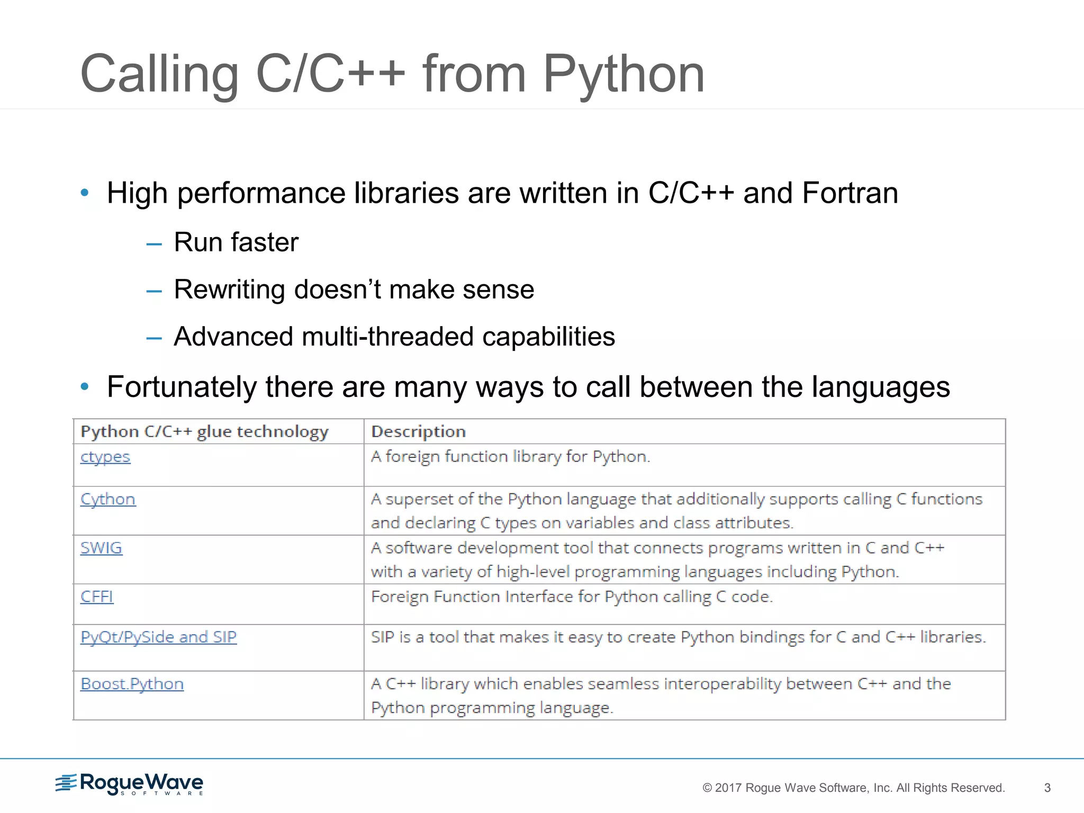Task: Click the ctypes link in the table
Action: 105,457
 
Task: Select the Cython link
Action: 108,499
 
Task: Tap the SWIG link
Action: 101,548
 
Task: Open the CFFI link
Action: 97,597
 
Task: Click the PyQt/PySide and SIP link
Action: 158,637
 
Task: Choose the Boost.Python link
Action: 132,684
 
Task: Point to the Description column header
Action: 418,431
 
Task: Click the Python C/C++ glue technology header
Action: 204,431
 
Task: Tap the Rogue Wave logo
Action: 130,784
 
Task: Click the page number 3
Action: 1047,788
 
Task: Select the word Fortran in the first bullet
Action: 850,193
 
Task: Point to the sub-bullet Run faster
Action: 236,242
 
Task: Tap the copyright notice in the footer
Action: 853,788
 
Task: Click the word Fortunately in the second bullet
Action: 182,387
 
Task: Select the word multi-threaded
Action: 387,337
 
